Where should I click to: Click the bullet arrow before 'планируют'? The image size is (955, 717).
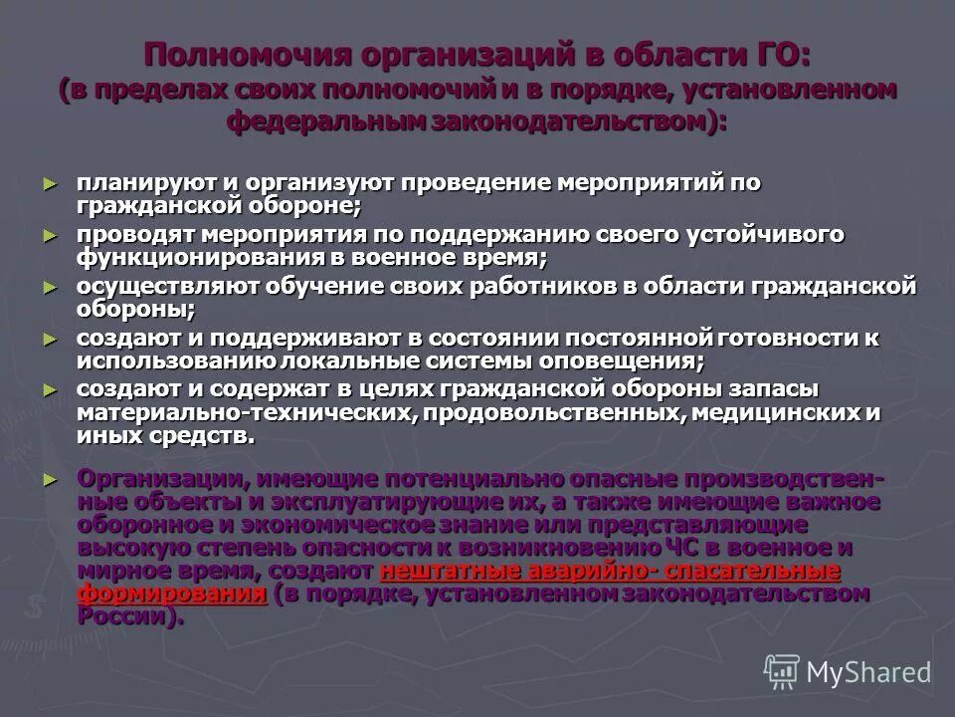pyautogui.click(x=51, y=184)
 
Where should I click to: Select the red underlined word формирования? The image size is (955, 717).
pyautogui.click(x=172, y=595)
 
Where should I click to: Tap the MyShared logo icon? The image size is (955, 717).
pyautogui.click(x=782, y=672)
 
